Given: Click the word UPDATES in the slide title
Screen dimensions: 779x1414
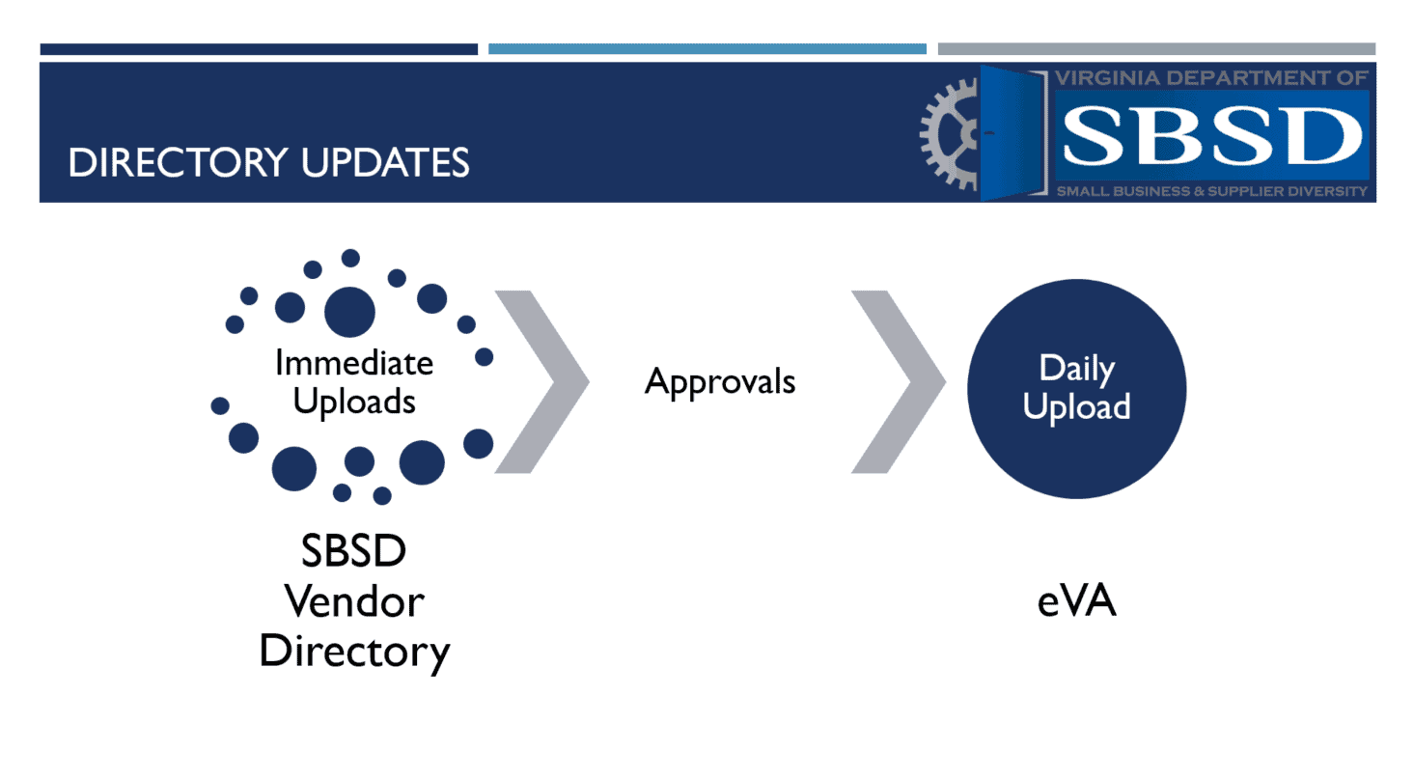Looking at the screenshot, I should (386, 162).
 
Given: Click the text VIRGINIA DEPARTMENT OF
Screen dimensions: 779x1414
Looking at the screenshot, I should (1212, 78).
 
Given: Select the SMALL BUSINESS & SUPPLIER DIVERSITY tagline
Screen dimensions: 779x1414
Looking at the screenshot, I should (1212, 191).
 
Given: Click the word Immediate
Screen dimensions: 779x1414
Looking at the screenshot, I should (354, 363).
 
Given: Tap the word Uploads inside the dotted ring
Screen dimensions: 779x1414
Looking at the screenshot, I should (354, 400).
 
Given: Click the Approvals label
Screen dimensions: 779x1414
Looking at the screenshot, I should (720, 381).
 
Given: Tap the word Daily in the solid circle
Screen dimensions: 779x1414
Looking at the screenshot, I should (1076, 368).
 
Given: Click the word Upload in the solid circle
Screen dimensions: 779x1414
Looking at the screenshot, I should (1076, 406).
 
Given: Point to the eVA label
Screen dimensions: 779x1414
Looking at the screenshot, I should (1076, 602).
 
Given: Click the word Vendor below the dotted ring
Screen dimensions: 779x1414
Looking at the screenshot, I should (354, 602).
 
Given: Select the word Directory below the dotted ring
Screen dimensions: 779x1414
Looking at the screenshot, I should (354, 652).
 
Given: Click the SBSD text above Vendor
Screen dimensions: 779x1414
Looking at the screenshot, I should (354, 553).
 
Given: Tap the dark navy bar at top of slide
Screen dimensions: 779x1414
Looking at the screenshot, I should (259, 49).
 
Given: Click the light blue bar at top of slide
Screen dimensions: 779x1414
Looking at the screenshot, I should (707, 49).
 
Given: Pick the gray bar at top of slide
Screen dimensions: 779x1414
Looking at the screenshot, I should (1156, 49).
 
